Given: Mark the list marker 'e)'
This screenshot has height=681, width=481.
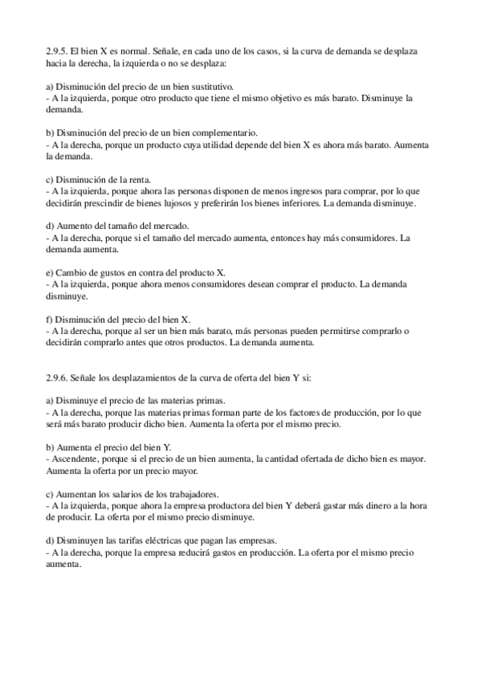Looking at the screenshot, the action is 52,273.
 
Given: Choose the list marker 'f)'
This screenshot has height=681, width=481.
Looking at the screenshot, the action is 52,319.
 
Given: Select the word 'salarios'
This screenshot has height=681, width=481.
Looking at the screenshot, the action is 136,495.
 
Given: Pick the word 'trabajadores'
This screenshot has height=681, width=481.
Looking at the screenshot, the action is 205,495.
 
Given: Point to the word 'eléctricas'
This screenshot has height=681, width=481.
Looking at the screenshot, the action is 168,541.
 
